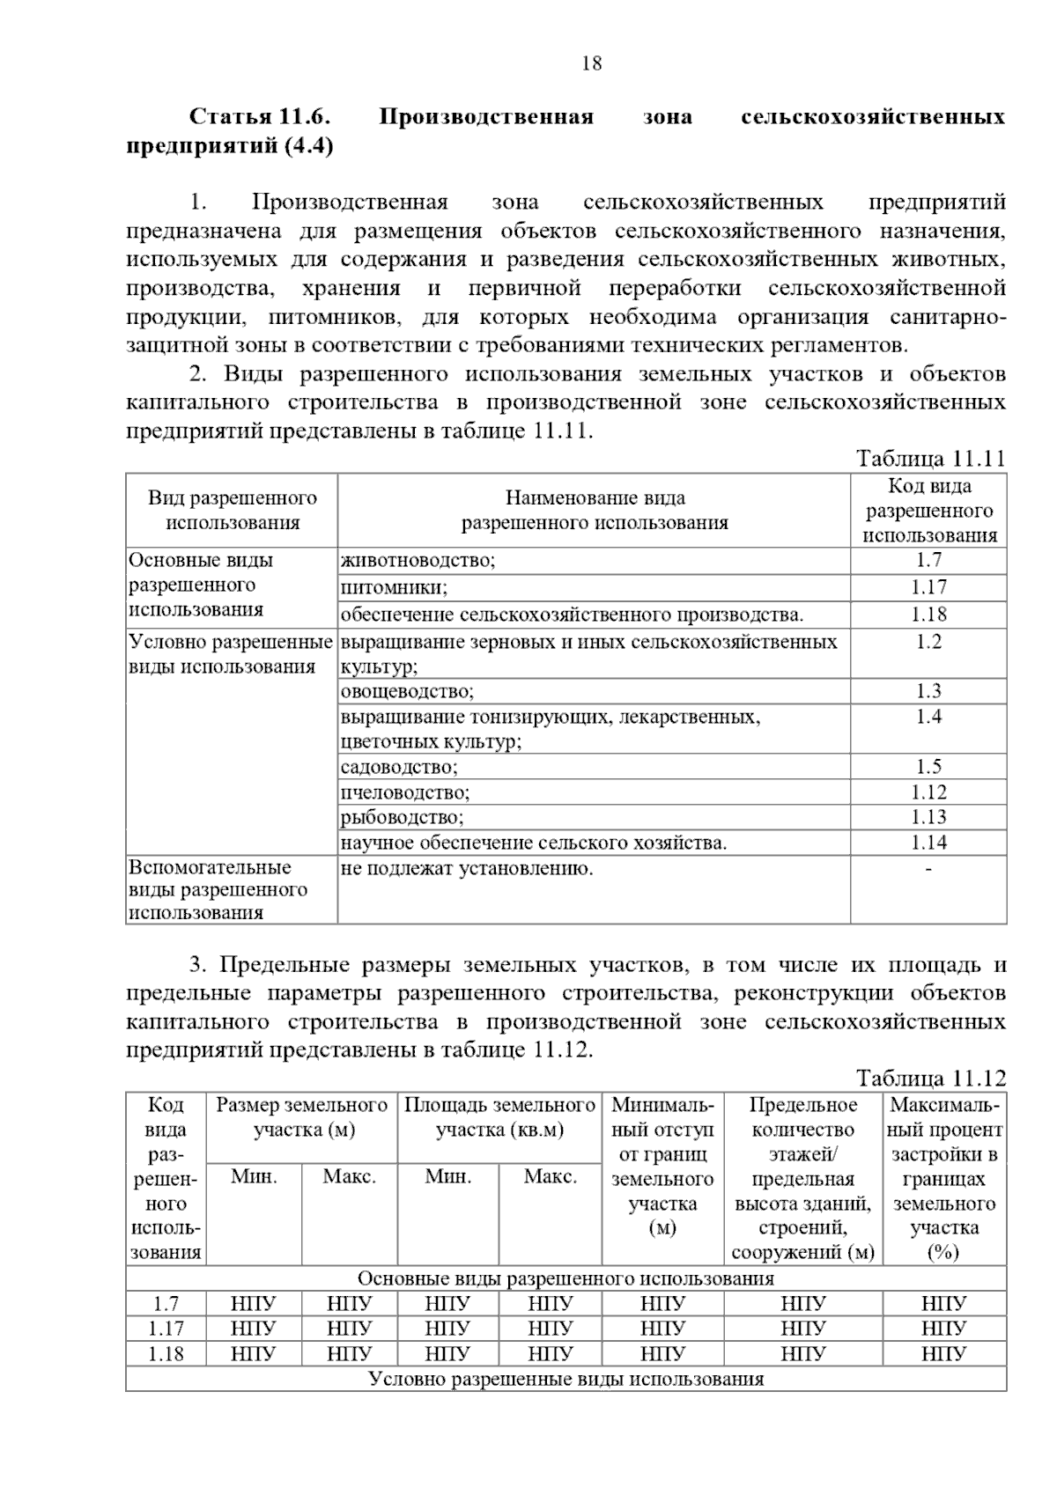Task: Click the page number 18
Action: (x=592, y=63)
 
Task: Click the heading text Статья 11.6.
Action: (x=260, y=117)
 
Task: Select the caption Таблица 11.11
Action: (x=930, y=459)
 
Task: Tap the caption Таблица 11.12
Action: (x=930, y=1079)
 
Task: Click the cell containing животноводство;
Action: (x=418, y=561)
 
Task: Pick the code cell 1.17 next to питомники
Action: (x=928, y=587)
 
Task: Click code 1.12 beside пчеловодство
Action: (x=928, y=792)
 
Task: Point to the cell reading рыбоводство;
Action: (x=402, y=817)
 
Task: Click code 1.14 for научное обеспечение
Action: (x=928, y=843)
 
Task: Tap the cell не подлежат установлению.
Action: (x=467, y=869)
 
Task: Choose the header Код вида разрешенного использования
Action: (x=929, y=511)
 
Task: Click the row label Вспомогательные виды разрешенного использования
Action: (x=218, y=890)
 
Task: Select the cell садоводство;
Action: (x=399, y=767)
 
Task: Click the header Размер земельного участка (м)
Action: (x=302, y=1117)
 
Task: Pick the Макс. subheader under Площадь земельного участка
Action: (x=550, y=1176)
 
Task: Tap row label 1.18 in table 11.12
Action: (x=166, y=1353)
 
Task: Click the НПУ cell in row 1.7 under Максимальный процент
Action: (x=943, y=1304)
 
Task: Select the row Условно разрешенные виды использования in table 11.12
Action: (x=565, y=1379)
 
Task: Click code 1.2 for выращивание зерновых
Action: (x=928, y=642)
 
